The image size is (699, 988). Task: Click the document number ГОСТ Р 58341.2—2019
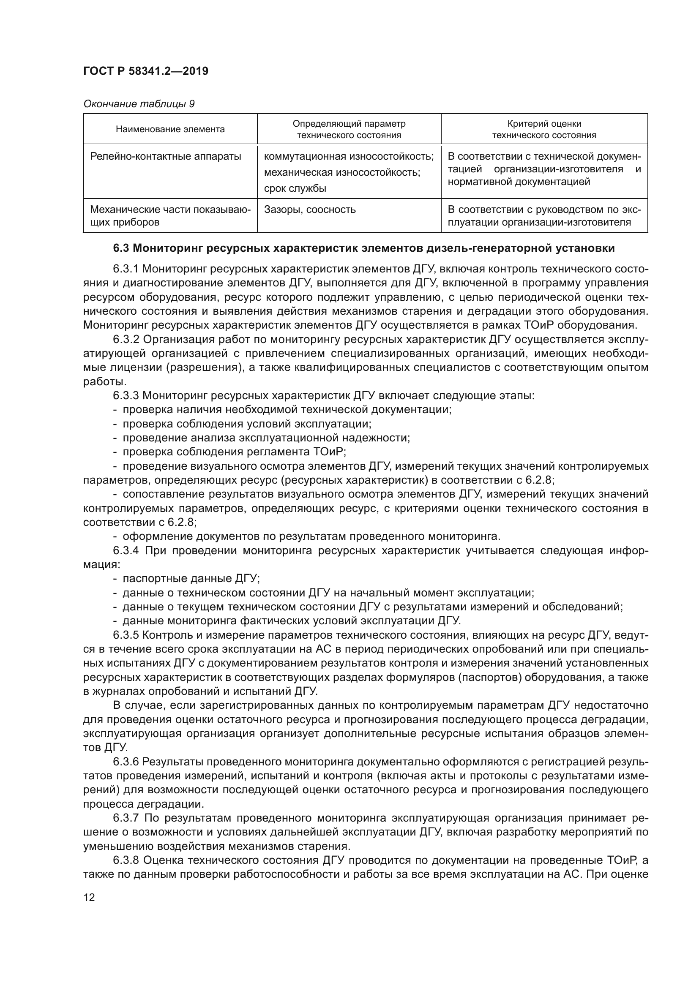[145, 71]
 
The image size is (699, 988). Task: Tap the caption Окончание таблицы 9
[139, 104]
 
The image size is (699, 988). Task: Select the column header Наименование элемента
[170, 129]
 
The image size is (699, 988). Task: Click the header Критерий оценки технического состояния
[544, 129]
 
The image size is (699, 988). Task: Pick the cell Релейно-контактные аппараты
[166, 156]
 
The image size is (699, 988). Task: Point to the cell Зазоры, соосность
[309, 210]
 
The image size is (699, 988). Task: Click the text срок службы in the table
[295, 188]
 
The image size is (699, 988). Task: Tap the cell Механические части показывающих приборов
[170, 215]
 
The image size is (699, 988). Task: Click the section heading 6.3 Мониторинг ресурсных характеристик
[364, 248]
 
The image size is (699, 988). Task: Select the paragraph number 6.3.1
[126, 269]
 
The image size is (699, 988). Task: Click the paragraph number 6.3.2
[126, 340]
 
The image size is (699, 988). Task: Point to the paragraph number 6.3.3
[126, 395]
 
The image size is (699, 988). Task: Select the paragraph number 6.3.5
[126, 635]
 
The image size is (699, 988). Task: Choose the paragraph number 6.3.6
[126, 762]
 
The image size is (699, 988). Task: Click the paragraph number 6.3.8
[126, 860]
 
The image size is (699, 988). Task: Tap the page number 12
[89, 897]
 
